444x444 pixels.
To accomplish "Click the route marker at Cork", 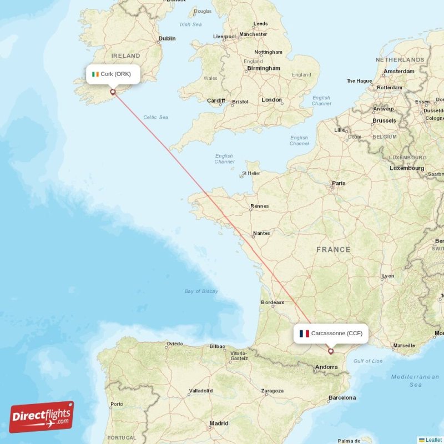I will [113, 92].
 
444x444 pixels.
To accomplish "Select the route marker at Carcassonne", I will [331, 351].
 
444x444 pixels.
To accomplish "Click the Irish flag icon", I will [95, 74].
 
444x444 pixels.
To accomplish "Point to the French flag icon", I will [304, 334].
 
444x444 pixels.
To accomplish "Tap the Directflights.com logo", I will [42, 417].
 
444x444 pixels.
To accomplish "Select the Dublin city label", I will [167, 38].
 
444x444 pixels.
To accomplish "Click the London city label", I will [271, 100].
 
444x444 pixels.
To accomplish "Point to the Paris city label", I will [338, 183].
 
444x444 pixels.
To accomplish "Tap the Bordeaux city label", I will [272, 302].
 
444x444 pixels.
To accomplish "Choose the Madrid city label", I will [218, 423].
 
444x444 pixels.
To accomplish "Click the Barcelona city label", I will [341, 397].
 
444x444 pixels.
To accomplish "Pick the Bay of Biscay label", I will [201, 291].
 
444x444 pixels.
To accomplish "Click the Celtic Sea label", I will [155, 117].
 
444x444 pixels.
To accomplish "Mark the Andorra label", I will [326, 367].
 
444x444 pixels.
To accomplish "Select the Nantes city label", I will [261, 233].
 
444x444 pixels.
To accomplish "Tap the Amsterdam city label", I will [398, 72].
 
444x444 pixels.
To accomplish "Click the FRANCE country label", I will [333, 250].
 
